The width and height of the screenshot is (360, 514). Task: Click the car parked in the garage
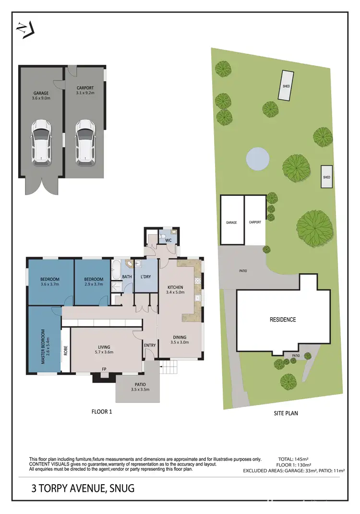coord(41,143)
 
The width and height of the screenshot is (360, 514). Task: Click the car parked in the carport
coord(85,143)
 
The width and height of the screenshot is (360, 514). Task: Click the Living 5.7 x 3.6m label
coord(104,350)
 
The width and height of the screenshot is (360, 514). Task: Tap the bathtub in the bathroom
coord(116,270)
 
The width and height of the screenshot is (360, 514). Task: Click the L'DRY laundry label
coord(146,277)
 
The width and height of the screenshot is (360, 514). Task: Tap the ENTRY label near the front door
coord(149,345)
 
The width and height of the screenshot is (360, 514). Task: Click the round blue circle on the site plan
coord(257,158)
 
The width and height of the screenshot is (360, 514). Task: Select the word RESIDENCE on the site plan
coord(283,320)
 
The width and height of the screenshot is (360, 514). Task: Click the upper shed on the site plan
coord(287,86)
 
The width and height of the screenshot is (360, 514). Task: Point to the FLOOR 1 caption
coord(102,411)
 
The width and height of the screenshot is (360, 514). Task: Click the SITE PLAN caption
coord(286,412)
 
